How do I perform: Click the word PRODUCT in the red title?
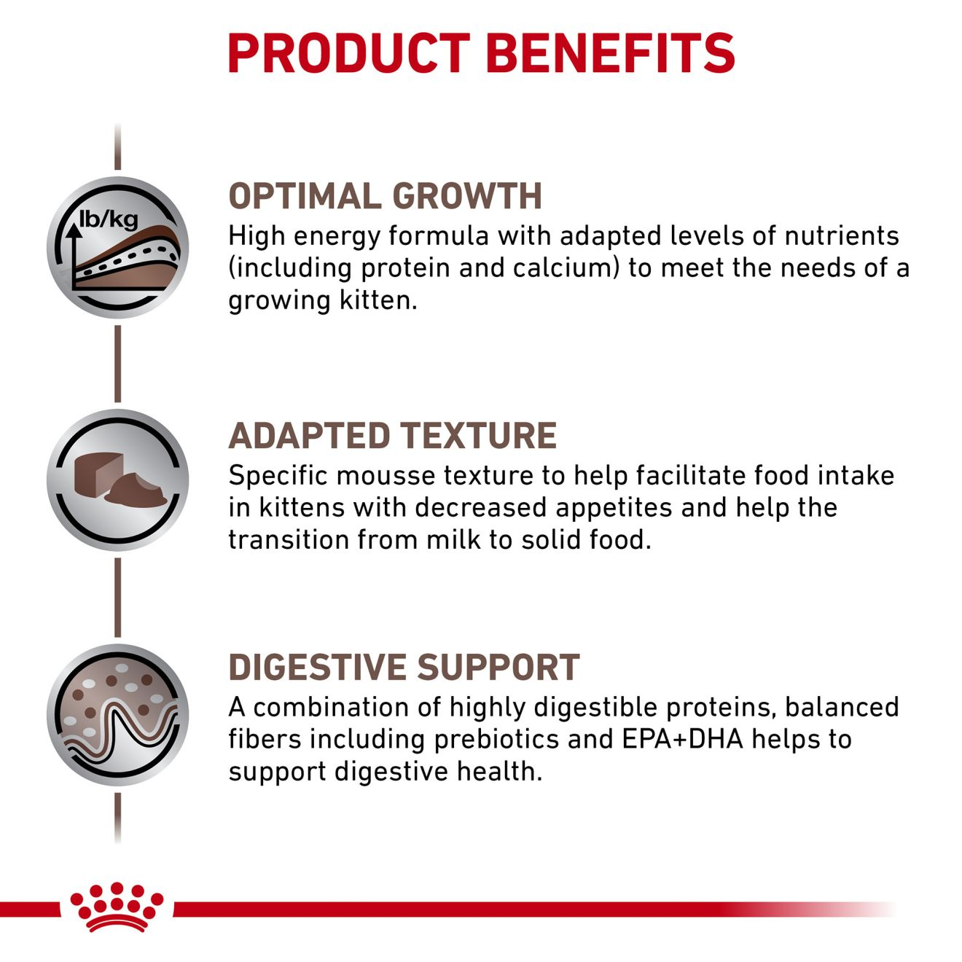click(349, 53)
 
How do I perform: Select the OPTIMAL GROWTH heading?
click(385, 196)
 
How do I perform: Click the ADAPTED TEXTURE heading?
click(392, 435)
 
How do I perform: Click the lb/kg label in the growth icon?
click(109, 219)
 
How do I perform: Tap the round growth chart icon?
click(118, 247)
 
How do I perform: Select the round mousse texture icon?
click(118, 480)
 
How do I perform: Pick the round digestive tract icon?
click(118, 715)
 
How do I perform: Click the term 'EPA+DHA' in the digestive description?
click(682, 739)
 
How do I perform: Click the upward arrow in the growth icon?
click(74, 257)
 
